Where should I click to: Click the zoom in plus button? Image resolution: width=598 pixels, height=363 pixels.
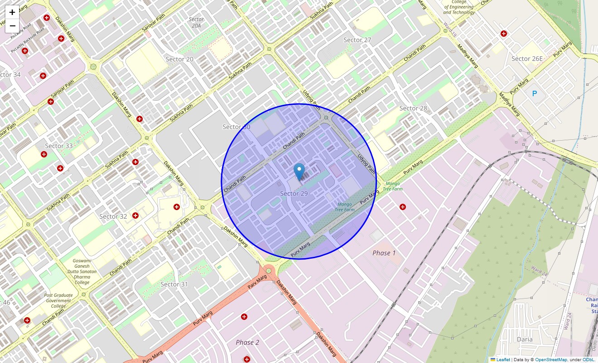pos(12,12)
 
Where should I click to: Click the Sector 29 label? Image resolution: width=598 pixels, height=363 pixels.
pos(294,194)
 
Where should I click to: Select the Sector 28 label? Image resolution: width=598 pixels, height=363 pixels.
pos(413,108)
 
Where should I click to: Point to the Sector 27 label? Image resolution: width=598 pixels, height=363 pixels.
pos(357,40)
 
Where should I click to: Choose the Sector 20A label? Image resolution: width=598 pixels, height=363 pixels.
pos(196,22)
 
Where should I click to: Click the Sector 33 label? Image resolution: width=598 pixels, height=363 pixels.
pos(59,146)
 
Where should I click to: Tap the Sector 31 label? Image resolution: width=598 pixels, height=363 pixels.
pos(174,284)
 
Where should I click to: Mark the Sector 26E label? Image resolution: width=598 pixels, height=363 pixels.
pos(527,59)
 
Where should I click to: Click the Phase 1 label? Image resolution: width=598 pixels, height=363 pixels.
pos(384,253)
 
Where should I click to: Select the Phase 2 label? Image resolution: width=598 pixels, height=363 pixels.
pos(247,342)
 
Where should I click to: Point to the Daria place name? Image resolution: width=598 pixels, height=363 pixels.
pos(525,339)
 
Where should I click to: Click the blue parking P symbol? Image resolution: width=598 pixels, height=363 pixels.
pos(535,93)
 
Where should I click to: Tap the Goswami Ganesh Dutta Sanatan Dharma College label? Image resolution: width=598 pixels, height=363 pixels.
pos(82,271)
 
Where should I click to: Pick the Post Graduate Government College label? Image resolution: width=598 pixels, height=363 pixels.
pos(58,300)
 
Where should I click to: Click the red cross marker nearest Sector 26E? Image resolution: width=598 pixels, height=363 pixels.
pos(504,34)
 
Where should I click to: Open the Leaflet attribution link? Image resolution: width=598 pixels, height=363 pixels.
pos(503,359)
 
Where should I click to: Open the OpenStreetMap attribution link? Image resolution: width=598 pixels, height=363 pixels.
pos(551,359)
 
